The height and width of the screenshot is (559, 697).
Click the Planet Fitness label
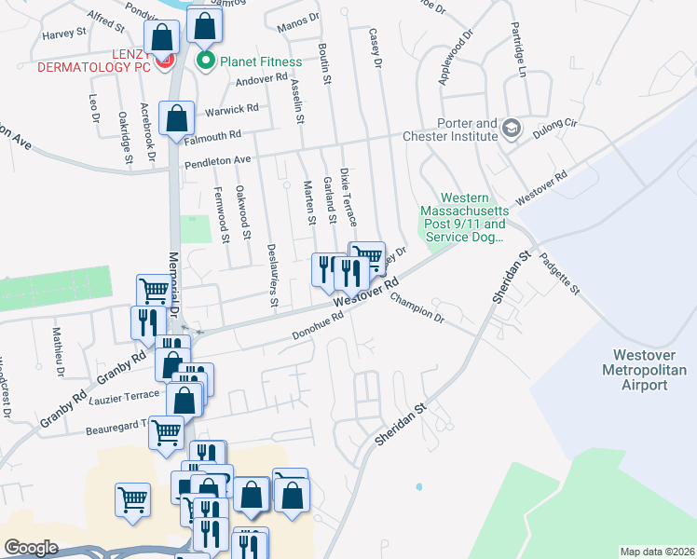point(260,62)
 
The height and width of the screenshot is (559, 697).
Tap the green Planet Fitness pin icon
point(205,62)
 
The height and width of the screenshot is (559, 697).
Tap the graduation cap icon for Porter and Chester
point(511,128)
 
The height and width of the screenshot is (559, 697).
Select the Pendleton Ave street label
point(219,160)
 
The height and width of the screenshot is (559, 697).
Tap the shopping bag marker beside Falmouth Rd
point(176,119)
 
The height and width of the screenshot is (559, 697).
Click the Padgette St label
point(561,275)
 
